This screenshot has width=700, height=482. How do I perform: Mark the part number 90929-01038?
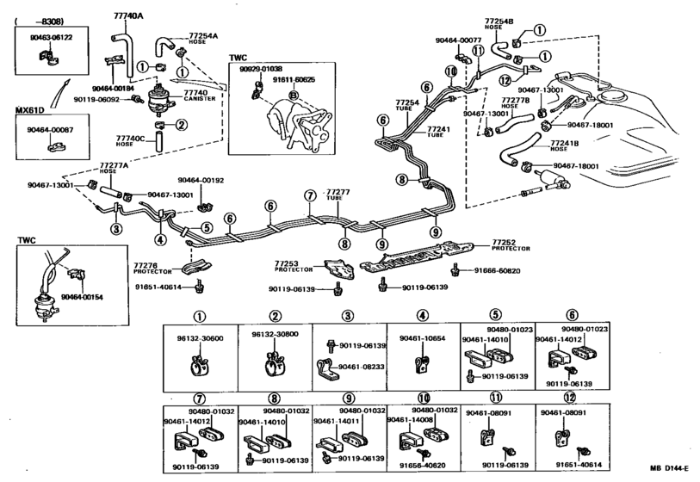[x=259, y=68]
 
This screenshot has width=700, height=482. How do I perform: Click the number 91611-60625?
[x=295, y=78]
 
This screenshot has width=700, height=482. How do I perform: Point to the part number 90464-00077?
[x=459, y=40]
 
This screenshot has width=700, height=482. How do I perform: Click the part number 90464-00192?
[x=201, y=181]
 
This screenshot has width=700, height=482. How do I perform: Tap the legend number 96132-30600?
[x=201, y=338]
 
